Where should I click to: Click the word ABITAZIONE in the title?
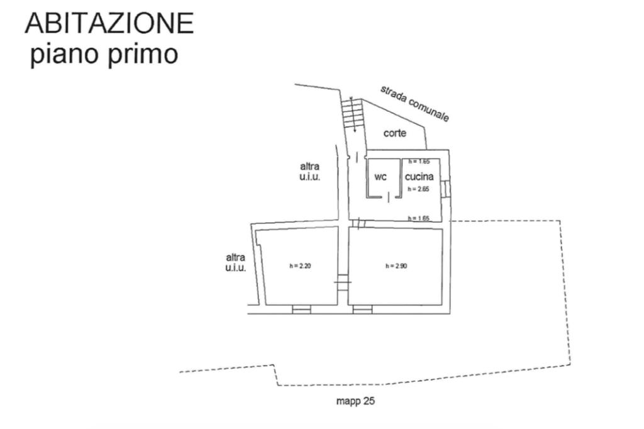(109, 24)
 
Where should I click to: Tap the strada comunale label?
(414, 103)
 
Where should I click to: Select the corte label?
(395, 133)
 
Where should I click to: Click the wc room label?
(380, 177)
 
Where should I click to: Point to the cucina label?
(419, 177)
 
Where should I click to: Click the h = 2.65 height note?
(418, 189)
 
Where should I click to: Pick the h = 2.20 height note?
(300, 266)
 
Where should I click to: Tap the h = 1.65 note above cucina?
(418, 162)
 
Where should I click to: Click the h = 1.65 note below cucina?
(418, 218)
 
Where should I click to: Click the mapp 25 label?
(355, 401)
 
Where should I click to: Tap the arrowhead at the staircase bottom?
(354, 130)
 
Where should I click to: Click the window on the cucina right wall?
(446, 188)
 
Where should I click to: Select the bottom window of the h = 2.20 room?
(302, 309)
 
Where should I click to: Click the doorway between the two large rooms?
(342, 284)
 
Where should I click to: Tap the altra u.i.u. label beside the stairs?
(310, 172)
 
